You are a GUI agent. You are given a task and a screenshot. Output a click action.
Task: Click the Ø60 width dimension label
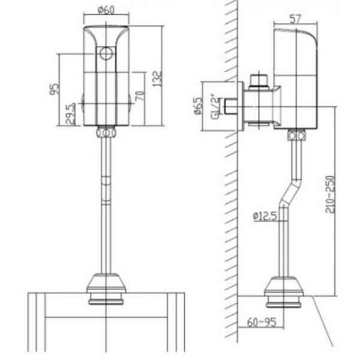click(x=106, y=10)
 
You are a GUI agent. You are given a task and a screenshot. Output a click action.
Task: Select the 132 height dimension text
click(x=157, y=79)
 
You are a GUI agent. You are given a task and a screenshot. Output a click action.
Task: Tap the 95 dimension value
click(x=55, y=89)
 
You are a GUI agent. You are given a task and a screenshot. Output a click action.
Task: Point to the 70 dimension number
click(x=140, y=96)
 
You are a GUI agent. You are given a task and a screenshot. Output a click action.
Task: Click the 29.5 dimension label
click(x=70, y=114)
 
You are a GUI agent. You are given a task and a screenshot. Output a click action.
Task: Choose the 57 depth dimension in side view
click(x=295, y=19)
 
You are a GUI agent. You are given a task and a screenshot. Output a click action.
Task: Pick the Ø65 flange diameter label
click(x=199, y=106)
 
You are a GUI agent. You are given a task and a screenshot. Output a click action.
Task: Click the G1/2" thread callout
click(x=215, y=107)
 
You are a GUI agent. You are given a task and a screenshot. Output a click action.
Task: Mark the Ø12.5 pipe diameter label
click(x=265, y=216)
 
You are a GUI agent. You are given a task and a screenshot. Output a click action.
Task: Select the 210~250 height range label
click(x=330, y=194)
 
